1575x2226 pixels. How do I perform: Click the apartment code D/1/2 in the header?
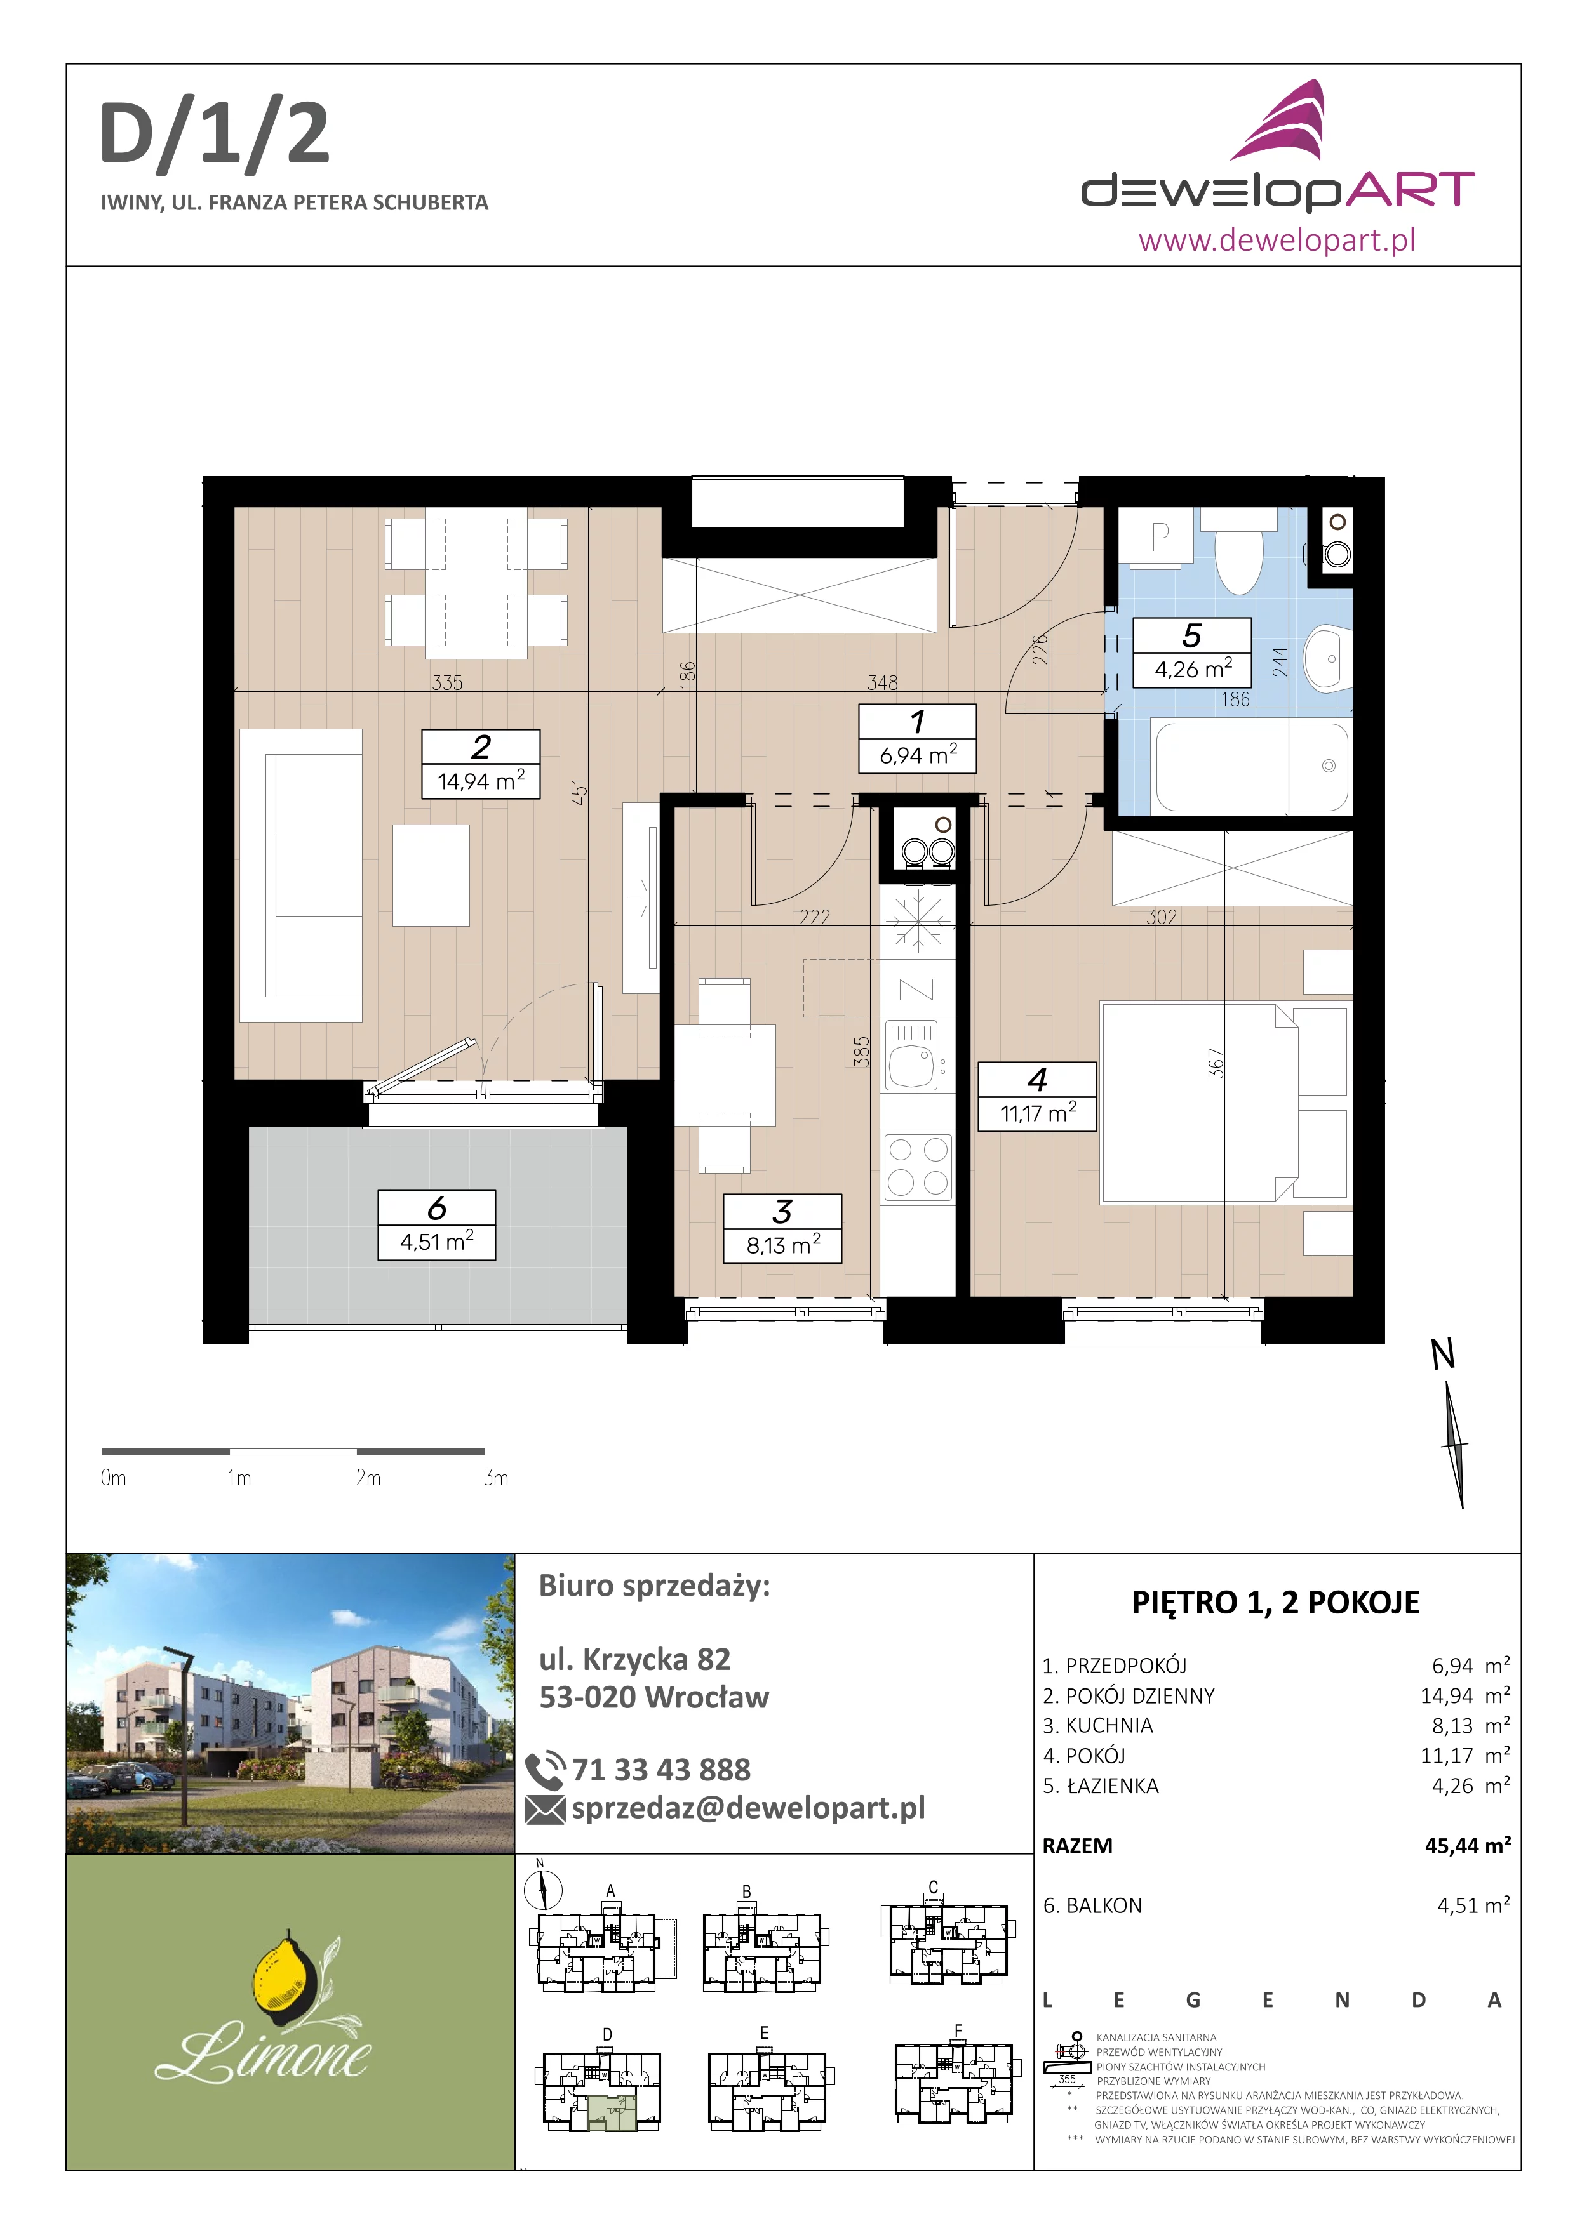click(214, 135)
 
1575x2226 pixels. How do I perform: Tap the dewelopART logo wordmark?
click(1278, 192)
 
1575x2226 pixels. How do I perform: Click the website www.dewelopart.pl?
click(1277, 239)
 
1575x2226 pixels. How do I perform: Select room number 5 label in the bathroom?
click(1192, 636)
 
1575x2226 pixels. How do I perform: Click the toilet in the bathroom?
click(1238, 552)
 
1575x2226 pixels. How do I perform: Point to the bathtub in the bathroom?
click(1251, 766)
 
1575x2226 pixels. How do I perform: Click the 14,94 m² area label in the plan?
click(481, 781)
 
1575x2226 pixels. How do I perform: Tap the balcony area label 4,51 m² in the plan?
click(436, 1242)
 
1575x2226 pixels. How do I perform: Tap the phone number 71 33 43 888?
click(661, 1770)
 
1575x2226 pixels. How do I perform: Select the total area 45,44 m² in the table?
click(1467, 1845)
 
